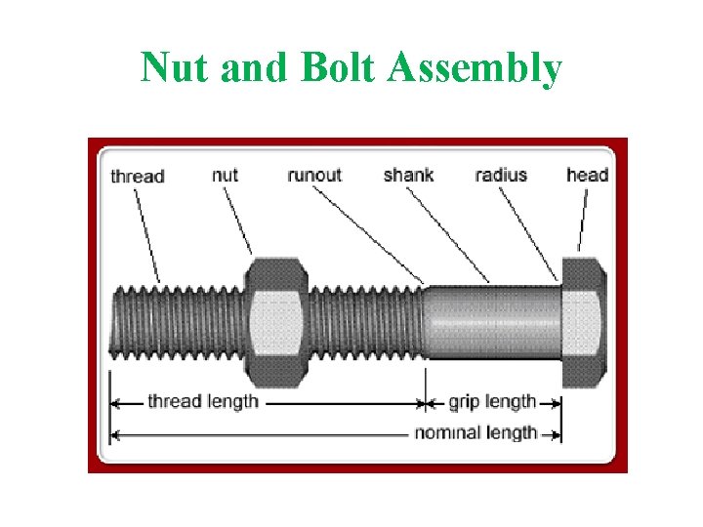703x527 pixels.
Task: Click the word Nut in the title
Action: [x=176, y=68]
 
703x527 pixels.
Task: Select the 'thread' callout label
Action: [x=138, y=177]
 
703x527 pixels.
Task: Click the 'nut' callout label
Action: [x=226, y=176]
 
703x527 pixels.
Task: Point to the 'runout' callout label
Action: [x=314, y=176]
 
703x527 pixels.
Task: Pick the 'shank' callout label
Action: [x=408, y=176]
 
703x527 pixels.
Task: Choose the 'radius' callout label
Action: [x=501, y=176]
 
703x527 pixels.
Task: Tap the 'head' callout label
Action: [x=587, y=176]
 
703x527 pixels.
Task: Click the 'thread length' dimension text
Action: [x=203, y=401]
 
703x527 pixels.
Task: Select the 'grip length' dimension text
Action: [x=492, y=401]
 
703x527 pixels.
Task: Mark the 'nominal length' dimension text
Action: [x=476, y=432]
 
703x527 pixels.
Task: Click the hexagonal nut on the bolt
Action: [x=276, y=322]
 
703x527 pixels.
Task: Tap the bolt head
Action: [x=584, y=322]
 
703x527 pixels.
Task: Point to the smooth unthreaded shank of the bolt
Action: [x=493, y=322]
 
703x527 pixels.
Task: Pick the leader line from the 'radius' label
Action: [x=528, y=234]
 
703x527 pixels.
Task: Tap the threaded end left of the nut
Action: [x=176, y=322]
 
